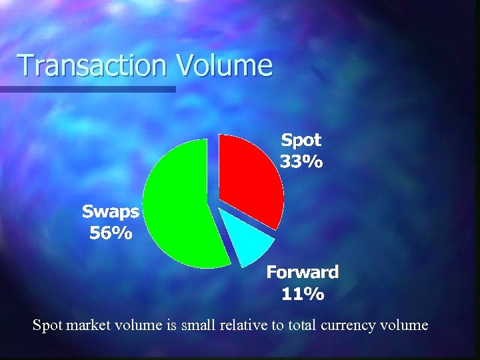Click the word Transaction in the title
pyautogui.click(x=93, y=66)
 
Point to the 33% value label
pyautogui.click(x=301, y=162)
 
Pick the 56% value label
pyautogui.click(x=111, y=233)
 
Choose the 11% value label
pyautogui.click(x=303, y=294)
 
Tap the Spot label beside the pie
pyautogui.click(x=301, y=140)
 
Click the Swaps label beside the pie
pyautogui.click(x=111, y=212)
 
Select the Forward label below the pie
pyautogui.click(x=303, y=272)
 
